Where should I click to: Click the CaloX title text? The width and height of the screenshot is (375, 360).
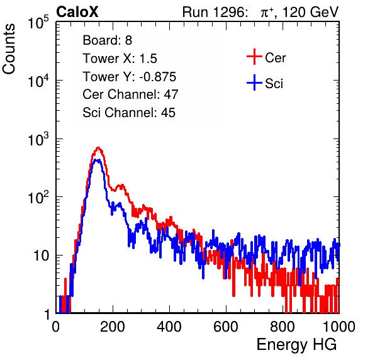(77, 12)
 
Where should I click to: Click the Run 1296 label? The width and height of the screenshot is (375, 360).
(215, 12)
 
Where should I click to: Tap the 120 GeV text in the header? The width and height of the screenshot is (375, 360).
(310, 12)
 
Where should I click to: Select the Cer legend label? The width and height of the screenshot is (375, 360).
(275, 58)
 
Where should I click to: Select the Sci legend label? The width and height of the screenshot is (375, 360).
(274, 84)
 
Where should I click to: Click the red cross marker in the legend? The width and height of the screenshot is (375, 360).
(254, 57)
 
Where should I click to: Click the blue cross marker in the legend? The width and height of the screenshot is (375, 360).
(254, 82)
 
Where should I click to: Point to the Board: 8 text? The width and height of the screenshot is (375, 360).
(108, 40)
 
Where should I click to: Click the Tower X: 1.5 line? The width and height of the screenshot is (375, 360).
(120, 59)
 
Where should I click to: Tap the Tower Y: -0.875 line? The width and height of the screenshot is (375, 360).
(130, 77)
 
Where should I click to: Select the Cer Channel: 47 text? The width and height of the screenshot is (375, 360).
(130, 94)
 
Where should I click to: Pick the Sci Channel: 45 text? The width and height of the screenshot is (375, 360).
(129, 113)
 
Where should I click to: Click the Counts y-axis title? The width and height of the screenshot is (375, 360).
(9, 49)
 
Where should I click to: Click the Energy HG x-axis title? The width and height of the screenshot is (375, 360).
(296, 345)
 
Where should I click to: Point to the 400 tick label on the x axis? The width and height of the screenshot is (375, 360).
(169, 327)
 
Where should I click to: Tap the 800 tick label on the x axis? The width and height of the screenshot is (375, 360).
(283, 327)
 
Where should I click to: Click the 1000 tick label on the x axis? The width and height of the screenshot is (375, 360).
(339, 327)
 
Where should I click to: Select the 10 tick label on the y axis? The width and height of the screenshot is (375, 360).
(42, 256)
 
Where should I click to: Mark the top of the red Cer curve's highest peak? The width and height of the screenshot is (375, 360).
(98, 147)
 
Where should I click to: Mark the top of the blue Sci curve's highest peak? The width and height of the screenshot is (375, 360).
(96, 160)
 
